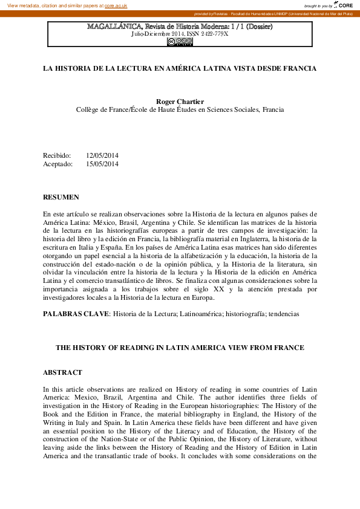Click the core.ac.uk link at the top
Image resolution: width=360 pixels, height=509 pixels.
pyautogui.click(x=116, y=5)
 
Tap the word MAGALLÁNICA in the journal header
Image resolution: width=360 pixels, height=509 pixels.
pyautogui.click(x=114, y=27)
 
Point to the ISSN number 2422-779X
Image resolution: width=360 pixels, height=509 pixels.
pyautogui.click(x=215, y=34)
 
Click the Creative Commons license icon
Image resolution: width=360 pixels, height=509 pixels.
pyautogui.click(x=180, y=41)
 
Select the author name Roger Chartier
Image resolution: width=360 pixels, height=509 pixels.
pyautogui.click(x=180, y=101)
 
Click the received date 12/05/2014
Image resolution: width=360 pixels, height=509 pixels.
pyautogui.click(x=102, y=155)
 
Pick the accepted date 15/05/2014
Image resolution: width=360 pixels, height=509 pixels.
pyautogui.click(x=102, y=164)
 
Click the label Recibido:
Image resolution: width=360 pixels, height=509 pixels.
pyautogui.click(x=57, y=155)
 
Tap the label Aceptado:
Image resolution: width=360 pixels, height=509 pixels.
pyautogui.click(x=58, y=164)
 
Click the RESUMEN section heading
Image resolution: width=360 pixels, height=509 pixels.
pyautogui.click(x=61, y=198)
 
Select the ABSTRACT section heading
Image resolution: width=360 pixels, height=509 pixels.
pyautogui.click(x=63, y=373)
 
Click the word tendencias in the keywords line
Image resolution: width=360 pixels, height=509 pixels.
pyautogui.click(x=284, y=314)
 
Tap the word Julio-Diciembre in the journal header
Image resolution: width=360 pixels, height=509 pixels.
pyautogui.click(x=151, y=34)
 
